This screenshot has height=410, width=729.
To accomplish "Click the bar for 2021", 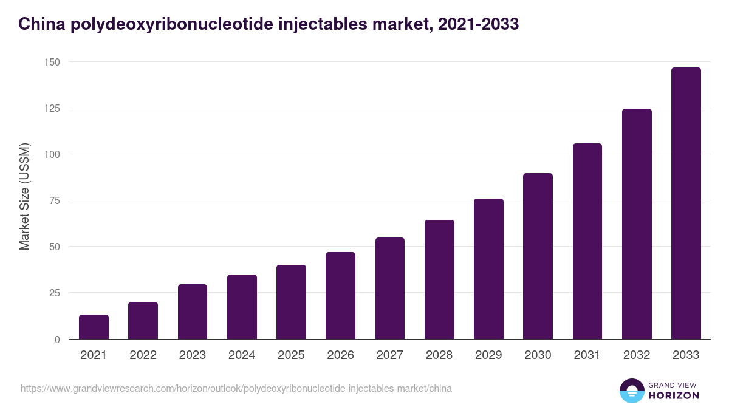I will (x=94, y=327).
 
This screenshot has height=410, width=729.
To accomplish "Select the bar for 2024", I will (x=242, y=307).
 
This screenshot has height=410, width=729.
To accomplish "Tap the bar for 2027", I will (x=390, y=289).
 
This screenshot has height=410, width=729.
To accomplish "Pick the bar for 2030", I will (x=538, y=256).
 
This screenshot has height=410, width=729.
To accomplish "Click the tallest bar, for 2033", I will (x=686, y=203).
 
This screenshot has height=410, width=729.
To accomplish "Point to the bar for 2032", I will (x=637, y=224).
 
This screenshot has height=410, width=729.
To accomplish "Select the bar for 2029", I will (x=488, y=269).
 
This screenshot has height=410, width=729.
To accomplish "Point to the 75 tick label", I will (x=54, y=200).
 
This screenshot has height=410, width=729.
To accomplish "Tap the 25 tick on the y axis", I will (x=54, y=293).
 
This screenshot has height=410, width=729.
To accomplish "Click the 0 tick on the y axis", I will (x=57, y=340).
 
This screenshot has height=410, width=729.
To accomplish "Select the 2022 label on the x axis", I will (x=143, y=355).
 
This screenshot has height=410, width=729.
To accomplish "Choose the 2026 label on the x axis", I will (x=340, y=355).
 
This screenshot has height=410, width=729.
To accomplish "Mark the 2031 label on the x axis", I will (x=587, y=355).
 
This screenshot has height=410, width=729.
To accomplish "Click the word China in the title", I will (x=41, y=24).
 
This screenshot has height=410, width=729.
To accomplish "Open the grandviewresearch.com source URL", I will (x=236, y=388).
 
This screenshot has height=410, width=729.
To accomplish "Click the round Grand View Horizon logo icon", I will (x=631, y=391).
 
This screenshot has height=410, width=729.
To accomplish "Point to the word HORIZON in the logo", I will (x=674, y=395).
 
